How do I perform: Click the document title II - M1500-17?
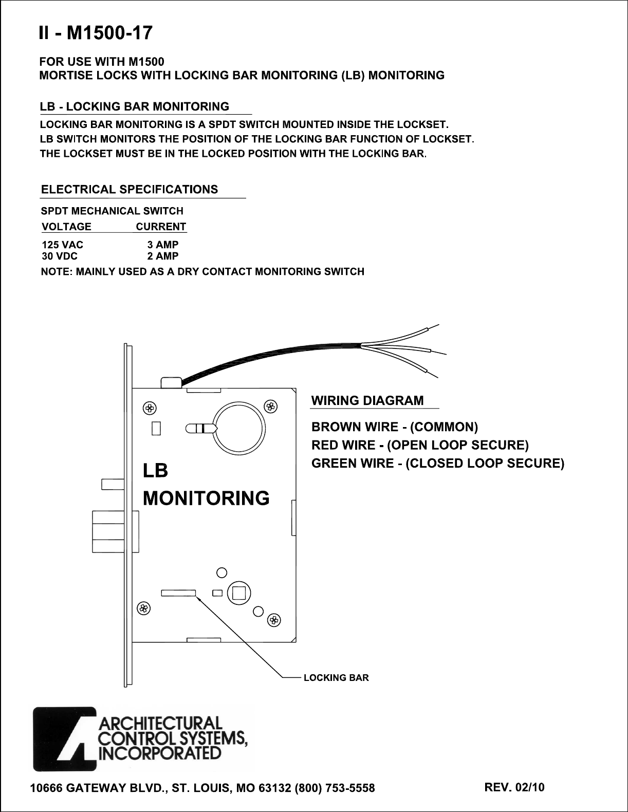[x=95, y=34]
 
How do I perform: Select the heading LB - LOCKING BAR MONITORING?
[x=135, y=107]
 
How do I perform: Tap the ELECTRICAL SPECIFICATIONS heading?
[x=130, y=189]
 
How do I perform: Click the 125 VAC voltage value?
[x=62, y=245]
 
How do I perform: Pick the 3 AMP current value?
[x=162, y=245]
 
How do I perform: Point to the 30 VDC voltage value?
[x=60, y=256]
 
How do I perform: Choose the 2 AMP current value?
[x=162, y=256]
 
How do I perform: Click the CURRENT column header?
[x=161, y=227]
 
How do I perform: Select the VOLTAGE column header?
[x=66, y=227]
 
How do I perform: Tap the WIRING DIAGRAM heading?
[x=368, y=400]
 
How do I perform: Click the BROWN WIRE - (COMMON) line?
[x=395, y=427]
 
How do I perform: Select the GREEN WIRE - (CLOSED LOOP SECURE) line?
[x=438, y=463]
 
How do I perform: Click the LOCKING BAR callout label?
[x=336, y=678]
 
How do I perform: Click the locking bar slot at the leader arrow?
[x=179, y=593]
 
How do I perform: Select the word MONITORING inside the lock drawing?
[x=206, y=497]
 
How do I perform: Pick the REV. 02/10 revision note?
[x=514, y=787]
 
